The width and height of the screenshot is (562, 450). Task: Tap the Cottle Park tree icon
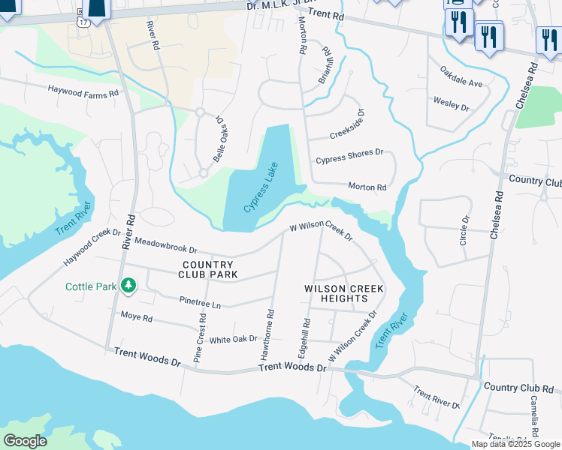(129, 285)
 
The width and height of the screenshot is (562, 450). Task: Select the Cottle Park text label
(91, 286)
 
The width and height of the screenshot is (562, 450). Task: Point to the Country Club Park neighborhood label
(210, 270)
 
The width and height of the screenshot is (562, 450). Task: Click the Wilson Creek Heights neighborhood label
(344, 293)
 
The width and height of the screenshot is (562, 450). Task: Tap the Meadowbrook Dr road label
(165, 245)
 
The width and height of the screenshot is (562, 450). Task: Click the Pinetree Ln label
(200, 302)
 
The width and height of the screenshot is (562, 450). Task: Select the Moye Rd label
(136, 318)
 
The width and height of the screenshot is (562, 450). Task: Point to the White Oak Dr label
(233, 340)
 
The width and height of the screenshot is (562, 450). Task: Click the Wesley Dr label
(451, 103)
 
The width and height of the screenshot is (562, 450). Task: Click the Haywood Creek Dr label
(92, 247)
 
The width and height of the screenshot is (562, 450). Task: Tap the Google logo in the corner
(25, 441)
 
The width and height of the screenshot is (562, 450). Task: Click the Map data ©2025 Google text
(516, 444)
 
